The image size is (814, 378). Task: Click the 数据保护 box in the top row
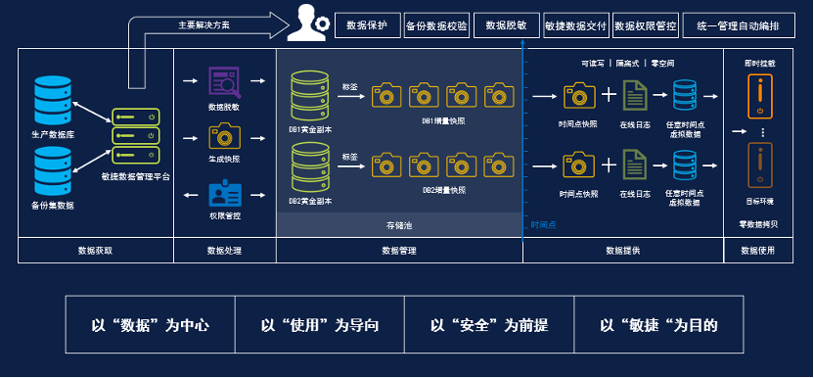point(367,26)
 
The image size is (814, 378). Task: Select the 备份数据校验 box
point(436,26)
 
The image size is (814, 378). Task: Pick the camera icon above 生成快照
point(224,135)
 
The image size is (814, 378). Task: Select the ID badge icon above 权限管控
point(224,191)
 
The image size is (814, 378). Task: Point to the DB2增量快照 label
point(444,189)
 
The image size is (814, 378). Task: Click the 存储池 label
point(400,225)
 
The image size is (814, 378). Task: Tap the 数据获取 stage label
point(96,251)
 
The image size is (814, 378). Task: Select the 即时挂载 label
point(759,64)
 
